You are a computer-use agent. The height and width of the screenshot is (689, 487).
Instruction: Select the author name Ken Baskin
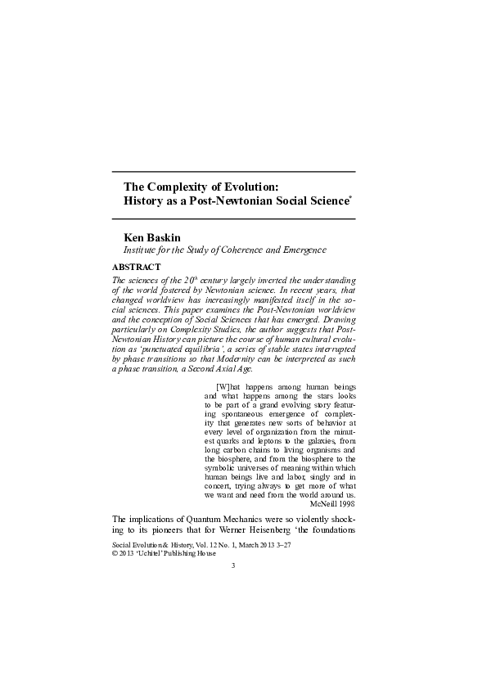click(x=151, y=237)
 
